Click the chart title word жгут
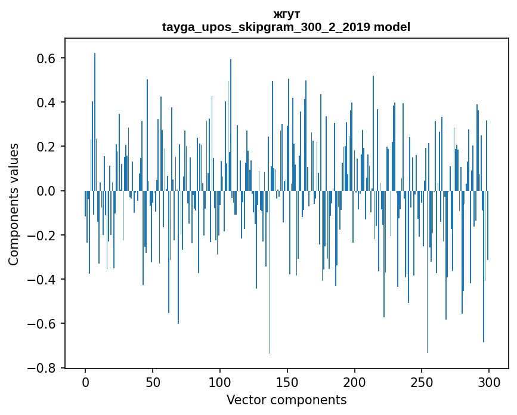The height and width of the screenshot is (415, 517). pos(286,14)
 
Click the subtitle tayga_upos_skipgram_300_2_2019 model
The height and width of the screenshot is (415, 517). pos(286,27)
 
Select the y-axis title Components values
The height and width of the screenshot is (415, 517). pos(14,204)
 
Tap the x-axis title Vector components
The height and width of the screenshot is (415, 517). pos(286,399)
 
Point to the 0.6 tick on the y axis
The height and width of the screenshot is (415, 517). pos(47,58)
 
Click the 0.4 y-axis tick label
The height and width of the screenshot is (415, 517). pos(47,103)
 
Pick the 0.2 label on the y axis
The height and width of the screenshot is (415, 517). pos(47,147)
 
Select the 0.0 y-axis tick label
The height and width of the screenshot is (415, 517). pos(47,191)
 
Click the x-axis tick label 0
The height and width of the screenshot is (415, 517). pos(85,382)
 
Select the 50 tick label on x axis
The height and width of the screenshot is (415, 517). pos(153,382)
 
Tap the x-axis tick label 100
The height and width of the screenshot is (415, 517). pos(220,382)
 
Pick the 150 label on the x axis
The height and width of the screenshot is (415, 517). pos(287,382)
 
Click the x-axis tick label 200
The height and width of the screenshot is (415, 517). pos(355,382)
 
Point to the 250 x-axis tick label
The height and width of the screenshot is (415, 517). pos(422,382)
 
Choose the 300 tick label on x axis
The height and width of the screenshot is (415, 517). pos(489,382)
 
